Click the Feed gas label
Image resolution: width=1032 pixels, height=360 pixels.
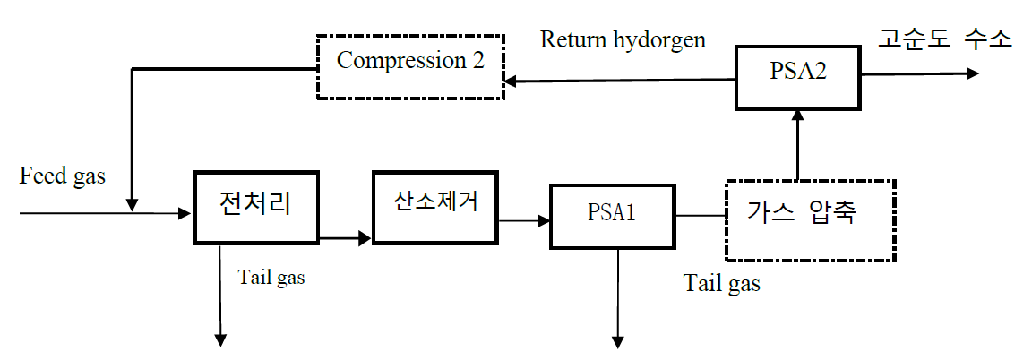(x=63, y=176)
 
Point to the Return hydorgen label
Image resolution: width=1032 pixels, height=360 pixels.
(x=623, y=39)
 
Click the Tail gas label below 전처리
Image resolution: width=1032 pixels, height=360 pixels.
(x=271, y=277)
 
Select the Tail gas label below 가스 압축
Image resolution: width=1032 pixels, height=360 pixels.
(x=722, y=284)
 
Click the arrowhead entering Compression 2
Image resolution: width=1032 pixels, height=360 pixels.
(x=511, y=81)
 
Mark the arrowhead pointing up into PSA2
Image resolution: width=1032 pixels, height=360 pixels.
(x=798, y=116)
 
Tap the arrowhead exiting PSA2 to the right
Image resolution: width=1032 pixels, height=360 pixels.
(x=973, y=73)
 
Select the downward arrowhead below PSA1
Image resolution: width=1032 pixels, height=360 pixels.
(x=617, y=341)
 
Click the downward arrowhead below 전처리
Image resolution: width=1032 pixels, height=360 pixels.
(x=221, y=339)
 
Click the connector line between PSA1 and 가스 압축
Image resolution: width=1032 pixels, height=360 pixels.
(x=701, y=215)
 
